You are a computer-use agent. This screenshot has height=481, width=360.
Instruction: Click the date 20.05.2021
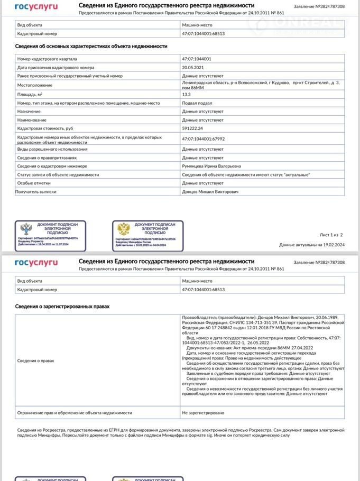pyautogui.click(x=192, y=68)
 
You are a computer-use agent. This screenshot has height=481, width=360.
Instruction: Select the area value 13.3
pyautogui.click(x=187, y=94)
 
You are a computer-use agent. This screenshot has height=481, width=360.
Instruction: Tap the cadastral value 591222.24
pyautogui.click(x=193, y=128)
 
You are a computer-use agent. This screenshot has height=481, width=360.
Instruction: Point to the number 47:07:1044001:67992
pyautogui.click(x=204, y=139)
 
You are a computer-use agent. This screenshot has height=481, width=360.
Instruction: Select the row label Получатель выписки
pyautogui.click(x=36, y=191)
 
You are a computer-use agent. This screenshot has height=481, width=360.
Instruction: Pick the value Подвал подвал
pyautogui.click(x=196, y=103)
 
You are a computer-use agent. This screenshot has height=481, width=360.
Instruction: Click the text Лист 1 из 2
pyautogui.click(x=331, y=235)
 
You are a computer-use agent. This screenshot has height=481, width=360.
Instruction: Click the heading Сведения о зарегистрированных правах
pyautogui.click(x=62, y=306)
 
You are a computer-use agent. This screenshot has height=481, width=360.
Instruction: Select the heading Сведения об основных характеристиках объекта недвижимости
pyautogui.click(x=91, y=47)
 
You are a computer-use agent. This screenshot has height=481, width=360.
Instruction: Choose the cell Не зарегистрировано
pyautogui.click(x=203, y=412)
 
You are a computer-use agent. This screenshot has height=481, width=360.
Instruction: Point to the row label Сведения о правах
pyautogui.click(x=35, y=360)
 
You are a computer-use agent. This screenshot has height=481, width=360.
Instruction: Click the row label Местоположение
pyautogui.click(x=34, y=85)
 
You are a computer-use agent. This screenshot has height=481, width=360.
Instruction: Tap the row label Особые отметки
pyautogui.click(x=33, y=183)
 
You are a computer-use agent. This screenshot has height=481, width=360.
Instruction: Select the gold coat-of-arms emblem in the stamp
pyautogui.click(x=124, y=229)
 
